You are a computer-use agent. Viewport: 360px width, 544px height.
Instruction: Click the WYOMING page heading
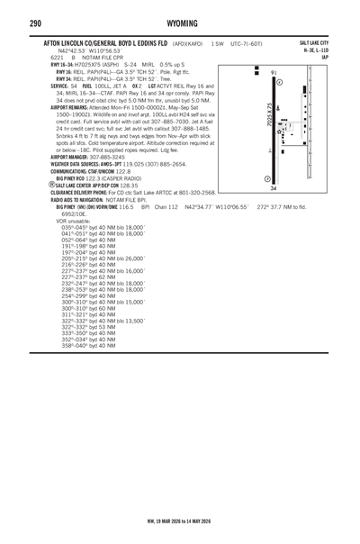[x=180, y=22]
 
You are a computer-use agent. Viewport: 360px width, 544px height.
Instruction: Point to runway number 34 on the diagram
[x=273, y=188]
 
